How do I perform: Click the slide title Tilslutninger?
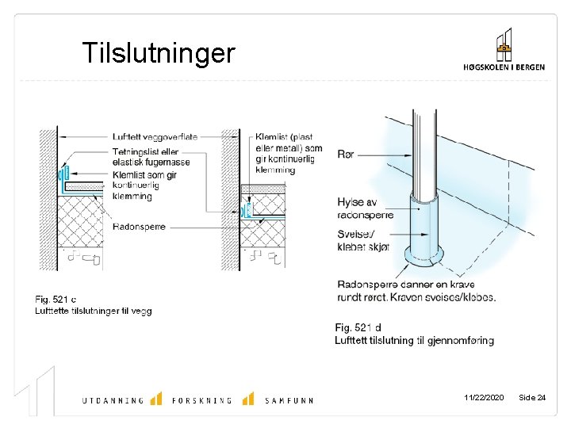point(159,53)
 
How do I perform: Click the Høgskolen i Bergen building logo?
point(504,45)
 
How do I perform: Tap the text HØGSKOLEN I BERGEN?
point(504,67)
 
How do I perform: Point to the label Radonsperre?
point(140,226)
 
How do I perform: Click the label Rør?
point(346,155)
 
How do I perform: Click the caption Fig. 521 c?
point(56,300)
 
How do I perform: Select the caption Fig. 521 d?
point(358,327)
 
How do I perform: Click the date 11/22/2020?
point(483,397)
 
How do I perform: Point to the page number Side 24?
point(531,397)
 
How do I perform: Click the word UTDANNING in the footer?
point(113,400)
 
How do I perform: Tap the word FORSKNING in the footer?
point(202,400)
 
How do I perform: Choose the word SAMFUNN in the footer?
point(289,400)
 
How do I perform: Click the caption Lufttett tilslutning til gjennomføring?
point(414,341)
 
